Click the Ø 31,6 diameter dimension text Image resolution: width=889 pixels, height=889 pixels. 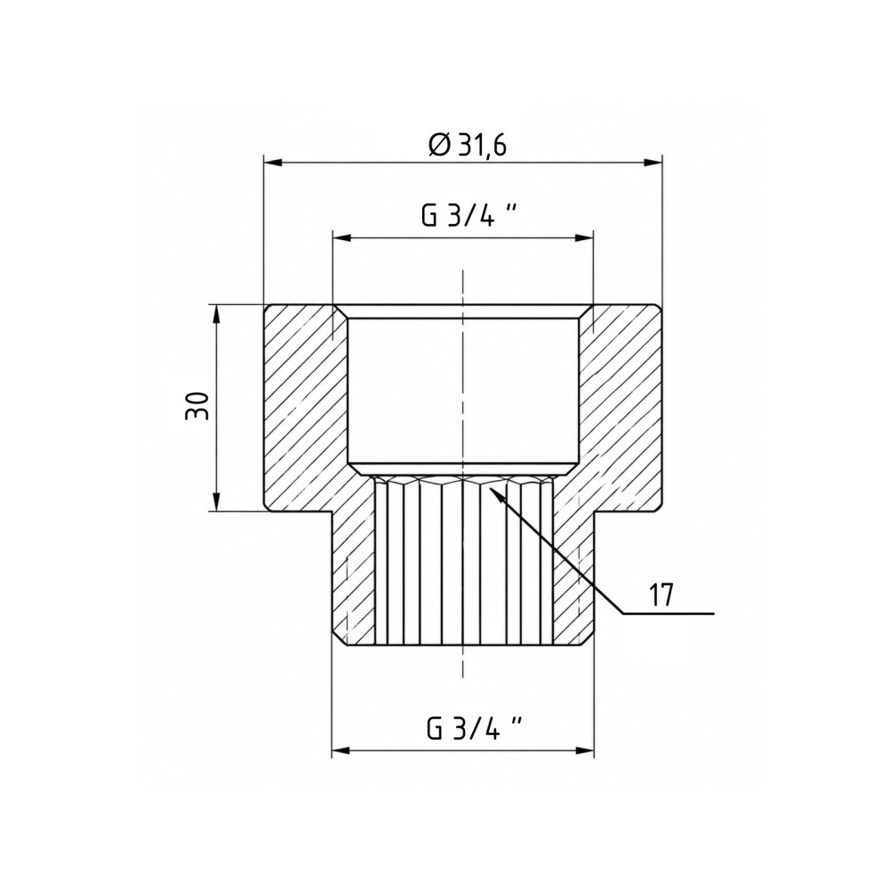click(468, 145)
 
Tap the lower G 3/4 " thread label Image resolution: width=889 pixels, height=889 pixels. click(474, 728)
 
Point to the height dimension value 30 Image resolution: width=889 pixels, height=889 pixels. click(196, 404)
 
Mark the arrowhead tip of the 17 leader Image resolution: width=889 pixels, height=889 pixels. click(488, 485)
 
